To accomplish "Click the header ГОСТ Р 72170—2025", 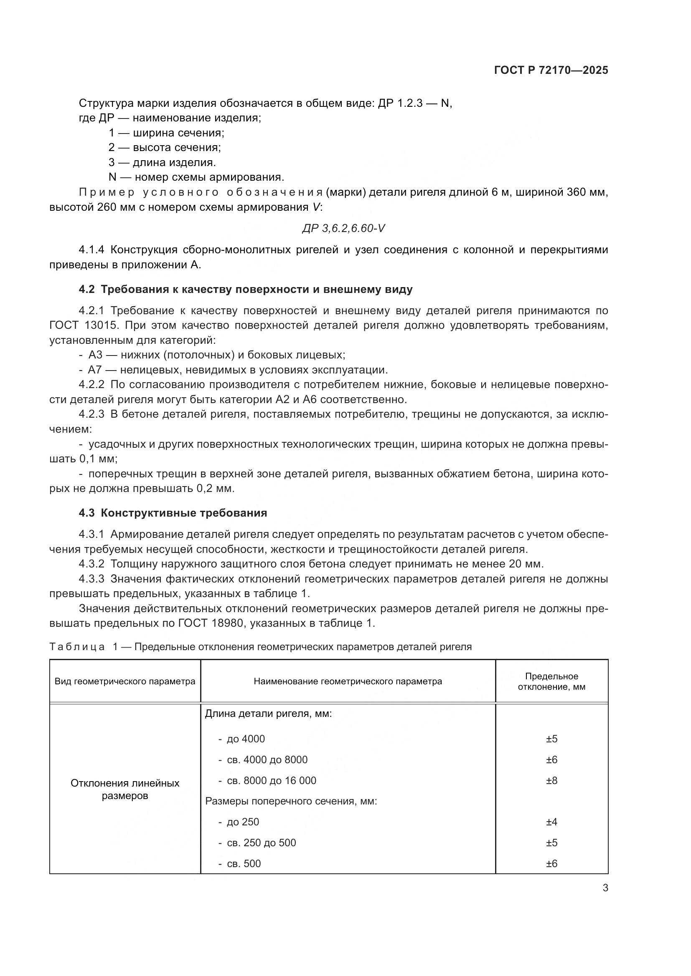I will [551, 71].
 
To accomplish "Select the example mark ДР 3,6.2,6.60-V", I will [343, 229].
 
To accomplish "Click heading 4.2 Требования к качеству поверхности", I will [246, 290].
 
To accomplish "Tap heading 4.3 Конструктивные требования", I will [173, 513].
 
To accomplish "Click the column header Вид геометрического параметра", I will [124, 681].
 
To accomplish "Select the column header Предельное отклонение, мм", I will [551, 681].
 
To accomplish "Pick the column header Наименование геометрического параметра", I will [348, 681].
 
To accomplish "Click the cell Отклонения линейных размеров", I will [124, 789].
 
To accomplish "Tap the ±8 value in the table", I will [551, 780].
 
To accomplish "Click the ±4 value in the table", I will [551, 822].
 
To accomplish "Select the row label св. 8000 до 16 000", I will [271, 780].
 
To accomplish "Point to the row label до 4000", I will [246, 739].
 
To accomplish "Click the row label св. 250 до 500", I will [261, 843].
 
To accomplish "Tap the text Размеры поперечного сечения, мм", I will [291, 801].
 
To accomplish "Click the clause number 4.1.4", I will [91, 250].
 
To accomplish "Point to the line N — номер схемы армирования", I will [196, 177].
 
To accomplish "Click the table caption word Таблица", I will [77, 647].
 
